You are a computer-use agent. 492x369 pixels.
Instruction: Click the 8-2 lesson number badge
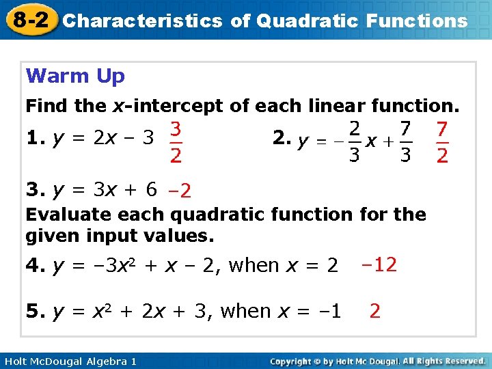29,19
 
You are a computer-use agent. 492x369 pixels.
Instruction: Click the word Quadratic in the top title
304,20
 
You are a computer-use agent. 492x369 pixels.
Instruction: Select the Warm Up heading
75,76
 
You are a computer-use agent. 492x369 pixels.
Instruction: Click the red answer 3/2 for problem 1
176,142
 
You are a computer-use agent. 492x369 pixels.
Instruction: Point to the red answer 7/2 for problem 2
442,142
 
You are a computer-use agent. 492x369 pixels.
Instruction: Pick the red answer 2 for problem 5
374,311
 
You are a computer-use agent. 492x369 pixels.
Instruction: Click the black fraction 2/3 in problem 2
354,142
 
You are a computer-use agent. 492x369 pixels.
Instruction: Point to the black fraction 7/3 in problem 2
405,142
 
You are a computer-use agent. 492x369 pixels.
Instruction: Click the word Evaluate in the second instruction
69,215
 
